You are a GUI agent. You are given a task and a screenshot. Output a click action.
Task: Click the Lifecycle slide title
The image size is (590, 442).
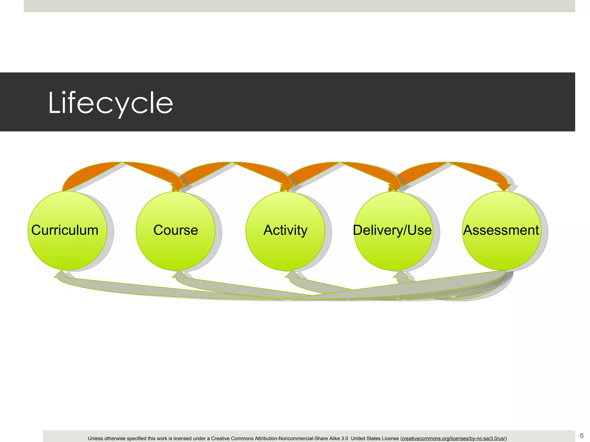(110, 103)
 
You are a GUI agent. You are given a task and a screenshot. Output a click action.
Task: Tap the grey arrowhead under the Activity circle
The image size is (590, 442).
(292, 275)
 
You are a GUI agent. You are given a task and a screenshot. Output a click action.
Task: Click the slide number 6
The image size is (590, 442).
(582, 435)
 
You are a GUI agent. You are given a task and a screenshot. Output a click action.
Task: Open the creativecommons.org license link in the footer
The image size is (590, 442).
(453, 439)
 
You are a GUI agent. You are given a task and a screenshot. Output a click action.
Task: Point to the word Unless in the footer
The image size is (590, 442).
(95, 439)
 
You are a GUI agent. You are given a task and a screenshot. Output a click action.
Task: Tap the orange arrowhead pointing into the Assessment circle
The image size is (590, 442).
(504, 187)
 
